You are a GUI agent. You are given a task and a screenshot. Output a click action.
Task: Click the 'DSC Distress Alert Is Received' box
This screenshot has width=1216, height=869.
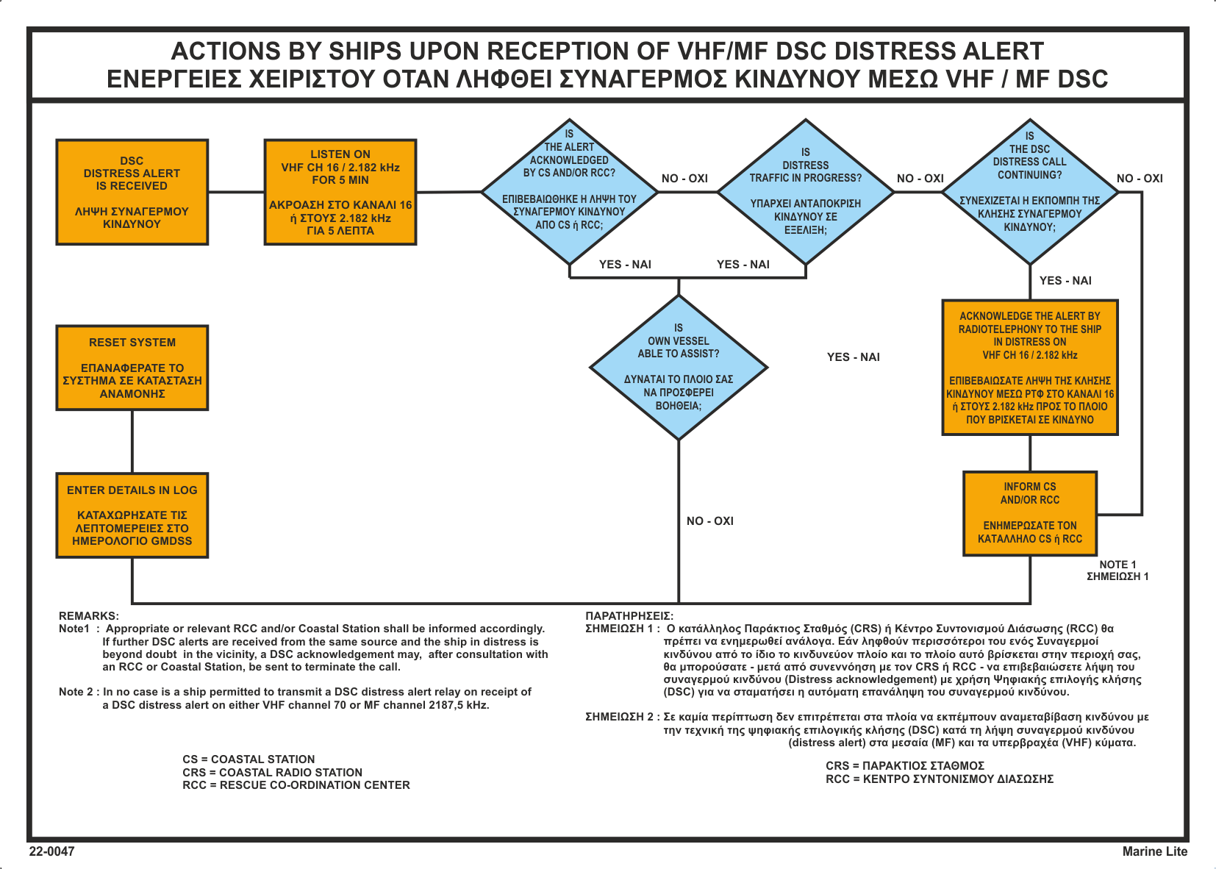coord(132,192)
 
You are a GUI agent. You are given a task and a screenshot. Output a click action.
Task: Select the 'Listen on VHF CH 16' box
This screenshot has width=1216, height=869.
coord(340,192)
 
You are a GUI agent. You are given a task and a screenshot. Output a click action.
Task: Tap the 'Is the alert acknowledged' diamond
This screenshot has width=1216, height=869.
coord(570,192)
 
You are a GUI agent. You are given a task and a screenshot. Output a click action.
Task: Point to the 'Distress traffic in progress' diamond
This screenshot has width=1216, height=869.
coord(806,192)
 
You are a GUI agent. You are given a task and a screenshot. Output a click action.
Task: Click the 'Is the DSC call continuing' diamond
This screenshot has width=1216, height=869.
coord(1030,192)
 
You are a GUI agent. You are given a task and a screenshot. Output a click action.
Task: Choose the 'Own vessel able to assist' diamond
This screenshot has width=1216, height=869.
coord(679,367)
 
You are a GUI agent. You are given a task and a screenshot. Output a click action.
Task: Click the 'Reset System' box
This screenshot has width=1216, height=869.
coord(132,368)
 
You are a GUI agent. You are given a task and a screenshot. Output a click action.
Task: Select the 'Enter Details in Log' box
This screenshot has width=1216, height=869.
coord(132,515)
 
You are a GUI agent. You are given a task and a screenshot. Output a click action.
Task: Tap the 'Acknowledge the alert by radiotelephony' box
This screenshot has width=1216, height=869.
coord(1030,367)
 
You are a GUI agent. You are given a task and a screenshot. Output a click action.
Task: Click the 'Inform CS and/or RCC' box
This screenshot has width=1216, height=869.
coord(1030,513)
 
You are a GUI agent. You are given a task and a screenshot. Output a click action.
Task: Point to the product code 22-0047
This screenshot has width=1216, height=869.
coord(51,851)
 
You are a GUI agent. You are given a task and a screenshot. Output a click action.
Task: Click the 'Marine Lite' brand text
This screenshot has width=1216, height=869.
coord(1154,851)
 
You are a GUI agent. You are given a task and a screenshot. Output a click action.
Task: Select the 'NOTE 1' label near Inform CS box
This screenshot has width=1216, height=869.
coord(1117,565)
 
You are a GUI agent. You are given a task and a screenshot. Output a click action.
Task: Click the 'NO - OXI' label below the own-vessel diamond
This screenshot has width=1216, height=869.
coord(710,521)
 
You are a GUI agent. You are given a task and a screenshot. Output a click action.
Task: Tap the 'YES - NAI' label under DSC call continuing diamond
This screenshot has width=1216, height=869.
coord(1065,280)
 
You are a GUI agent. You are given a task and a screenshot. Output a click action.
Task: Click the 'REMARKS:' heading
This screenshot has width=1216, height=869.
coord(88,616)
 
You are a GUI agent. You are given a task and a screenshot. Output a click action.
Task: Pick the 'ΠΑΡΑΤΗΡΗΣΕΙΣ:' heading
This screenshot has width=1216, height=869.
coord(629,616)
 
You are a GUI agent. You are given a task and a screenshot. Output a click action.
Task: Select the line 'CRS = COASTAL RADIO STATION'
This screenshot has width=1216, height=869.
coord(272,772)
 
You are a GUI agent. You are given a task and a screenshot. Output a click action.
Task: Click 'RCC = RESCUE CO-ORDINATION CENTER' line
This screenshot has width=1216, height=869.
coord(296,784)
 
